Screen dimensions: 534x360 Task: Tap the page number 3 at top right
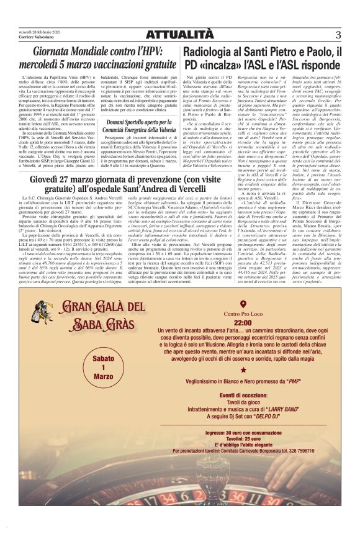tap(338, 35)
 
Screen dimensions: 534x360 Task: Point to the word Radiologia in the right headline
tap(209, 52)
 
